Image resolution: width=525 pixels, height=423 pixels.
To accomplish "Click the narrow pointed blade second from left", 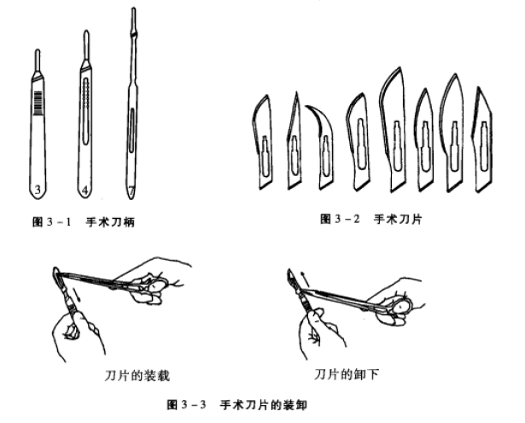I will click(292, 141).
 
